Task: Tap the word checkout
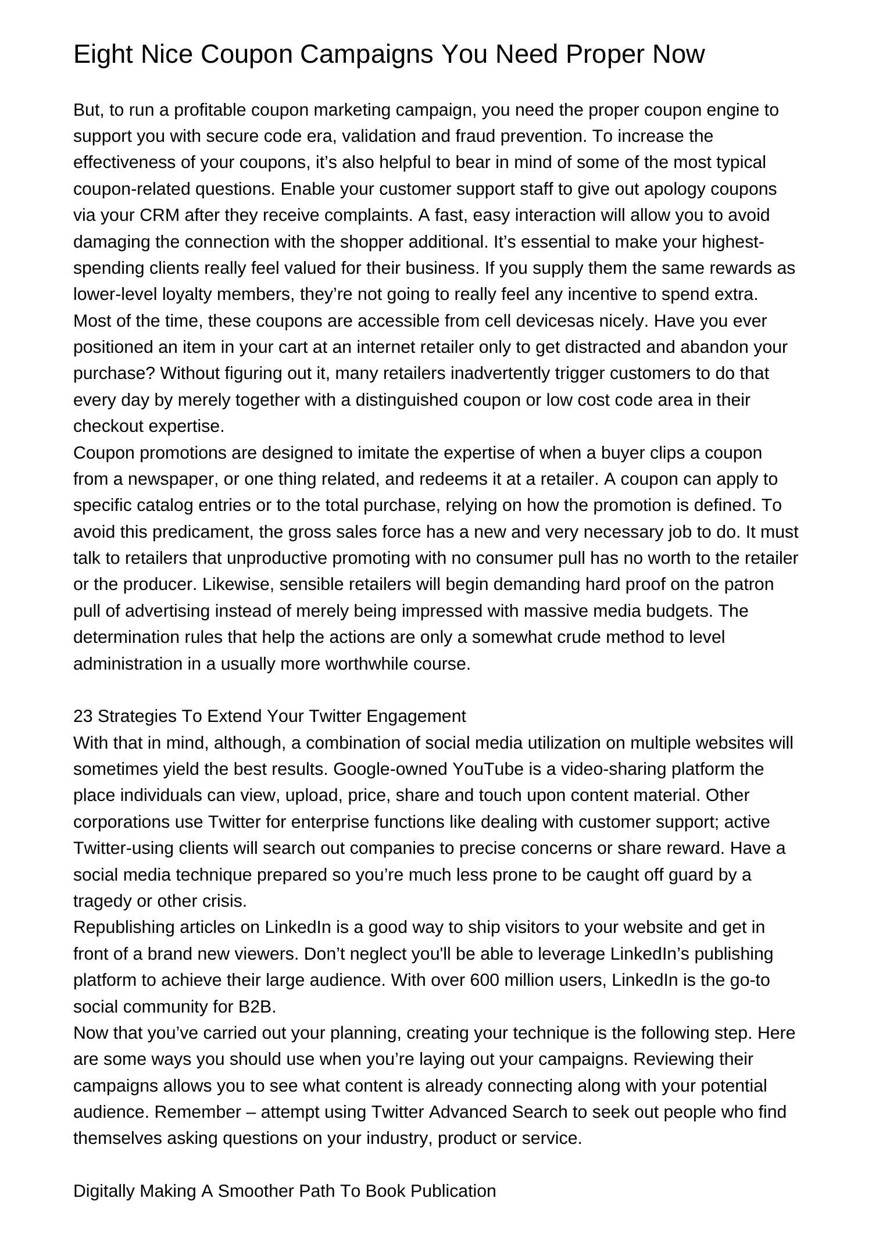pos(109,427)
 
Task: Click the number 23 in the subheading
pos(83,716)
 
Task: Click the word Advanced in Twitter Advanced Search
pos(469,1112)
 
